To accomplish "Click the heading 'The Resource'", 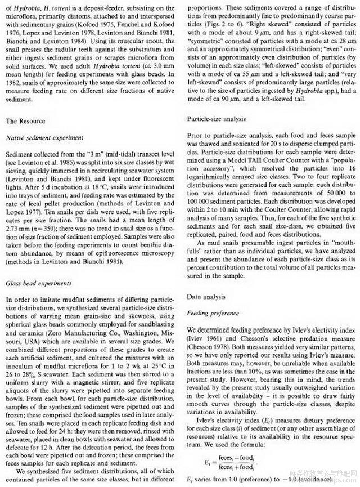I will tap(26, 121).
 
